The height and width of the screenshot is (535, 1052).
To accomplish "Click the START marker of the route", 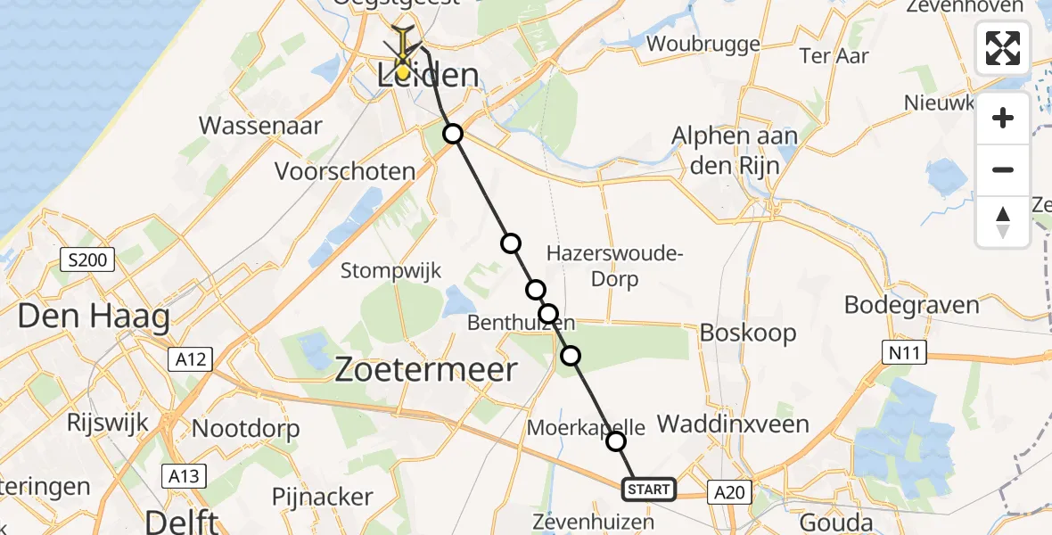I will [648, 489].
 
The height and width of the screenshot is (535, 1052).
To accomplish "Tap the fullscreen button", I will [1003, 48].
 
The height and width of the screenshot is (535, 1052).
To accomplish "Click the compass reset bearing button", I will [1003, 221].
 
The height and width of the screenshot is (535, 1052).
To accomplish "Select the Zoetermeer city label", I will [426, 369].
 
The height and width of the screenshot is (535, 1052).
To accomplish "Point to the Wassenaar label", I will [260, 125].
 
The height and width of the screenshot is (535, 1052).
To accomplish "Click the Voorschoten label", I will [345, 171].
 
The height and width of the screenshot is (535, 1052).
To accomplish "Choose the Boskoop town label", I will [748, 333].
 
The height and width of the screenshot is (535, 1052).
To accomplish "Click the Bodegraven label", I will [911, 305].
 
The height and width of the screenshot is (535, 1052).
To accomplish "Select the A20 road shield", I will [729, 490].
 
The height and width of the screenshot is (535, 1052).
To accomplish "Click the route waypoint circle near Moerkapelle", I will [615, 440].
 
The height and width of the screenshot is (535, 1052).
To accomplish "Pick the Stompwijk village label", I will [391, 271].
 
